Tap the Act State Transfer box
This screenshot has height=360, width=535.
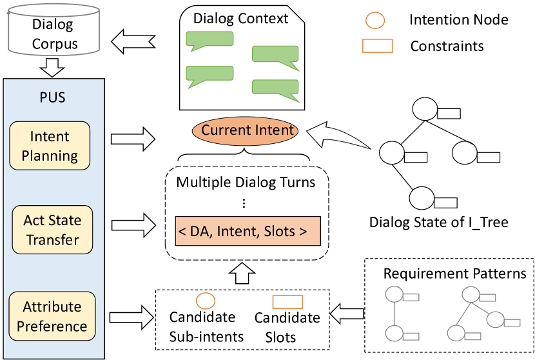pyautogui.click(x=53, y=230)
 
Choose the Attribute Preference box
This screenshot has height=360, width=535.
pyautogui.click(x=52, y=317)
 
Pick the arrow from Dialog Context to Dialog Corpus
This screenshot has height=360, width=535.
pyautogui.click(x=135, y=43)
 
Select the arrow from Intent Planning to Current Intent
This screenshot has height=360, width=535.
pyautogui.click(x=133, y=137)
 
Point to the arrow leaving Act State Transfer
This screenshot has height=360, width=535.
pyautogui.click(x=133, y=225)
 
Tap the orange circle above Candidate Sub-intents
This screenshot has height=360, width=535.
pyautogui.click(x=205, y=301)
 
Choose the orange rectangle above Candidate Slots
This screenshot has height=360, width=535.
pyautogui.click(x=287, y=301)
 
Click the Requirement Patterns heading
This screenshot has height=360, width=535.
pyautogui.click(x=454, y=274)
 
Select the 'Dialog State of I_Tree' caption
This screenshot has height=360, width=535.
pyautogui.click(x=438, y=223)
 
